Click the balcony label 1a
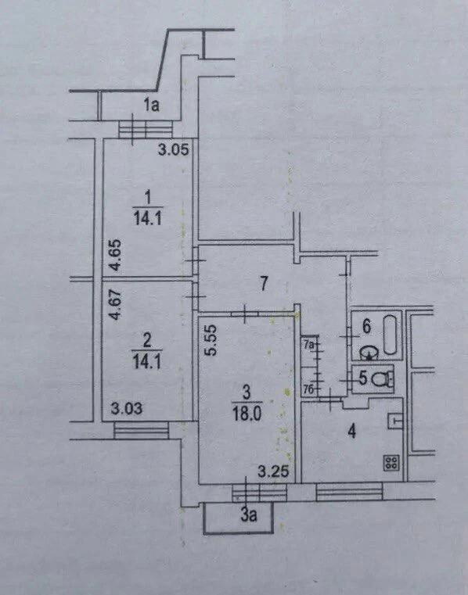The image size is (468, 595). tap(152, 105)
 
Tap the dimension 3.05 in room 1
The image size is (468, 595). tap(173, 150)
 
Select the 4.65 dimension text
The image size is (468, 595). tap(116, 255)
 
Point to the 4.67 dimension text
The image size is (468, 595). tap(116, 305)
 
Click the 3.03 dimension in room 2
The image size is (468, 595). tap(127, 409)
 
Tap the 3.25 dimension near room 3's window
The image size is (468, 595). tap(273, 472)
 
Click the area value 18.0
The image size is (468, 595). tap(247, 414)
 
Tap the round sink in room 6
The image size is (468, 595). tap(369, 353)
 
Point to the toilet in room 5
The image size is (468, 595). tap(381, 378)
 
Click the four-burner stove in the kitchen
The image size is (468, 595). tap(391, 463)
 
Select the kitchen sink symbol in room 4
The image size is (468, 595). tap(395, 421)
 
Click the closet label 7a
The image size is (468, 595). tap(310, 345)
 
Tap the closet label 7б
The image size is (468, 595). tap(309, 389)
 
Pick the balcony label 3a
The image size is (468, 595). tap(248, 515)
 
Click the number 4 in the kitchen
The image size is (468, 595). tap(352, 432)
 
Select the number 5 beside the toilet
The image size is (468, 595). tap(363, 378)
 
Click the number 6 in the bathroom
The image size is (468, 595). tap(366, 326)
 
